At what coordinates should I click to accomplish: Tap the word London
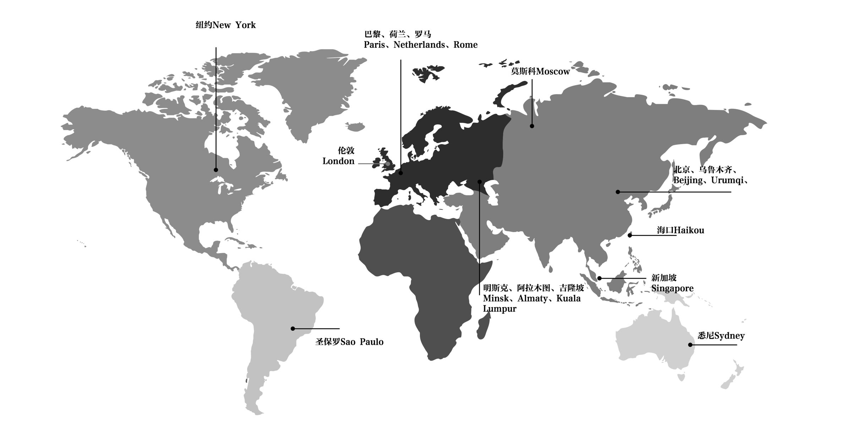pyautogui.click(x=338, y=161)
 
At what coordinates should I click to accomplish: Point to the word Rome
pyautogui.click(x=465, y=45)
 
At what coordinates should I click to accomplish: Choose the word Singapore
pyautogui.click(x=672, y=288)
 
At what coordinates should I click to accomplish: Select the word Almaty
pyautogui.click(x=532, y=299)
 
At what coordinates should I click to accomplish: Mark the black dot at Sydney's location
pyautogui.click(x=690, y=345)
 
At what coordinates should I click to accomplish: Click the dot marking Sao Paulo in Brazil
pyautogui.click(x=293, y=329)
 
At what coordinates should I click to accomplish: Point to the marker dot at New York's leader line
pyautogui.click(x=216, y=170)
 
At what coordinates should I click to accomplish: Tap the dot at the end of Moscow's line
pyautogui.click(x=532, y=126)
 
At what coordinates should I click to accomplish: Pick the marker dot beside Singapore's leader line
pyautogui.click(x=600, y=278)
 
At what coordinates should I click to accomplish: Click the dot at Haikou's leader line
pyautogui.click(x=630, y=235)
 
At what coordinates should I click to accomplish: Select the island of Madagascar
pyautogui.click(x=483, y=328)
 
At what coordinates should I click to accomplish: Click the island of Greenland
pyautogui.click(x=312, y=89)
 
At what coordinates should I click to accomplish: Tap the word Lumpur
pyautogui.click(x=499, y=309)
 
